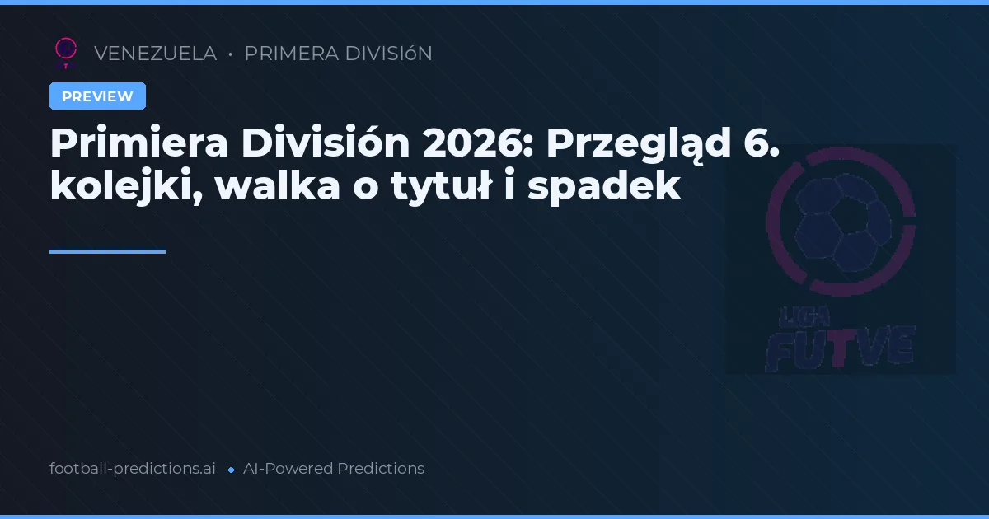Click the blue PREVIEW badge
pos(97,96)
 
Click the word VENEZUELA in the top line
pos(155,54)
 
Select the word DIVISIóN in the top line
pos(388,54)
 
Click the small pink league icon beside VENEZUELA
pos(65,52)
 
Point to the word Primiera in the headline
pos(138,144)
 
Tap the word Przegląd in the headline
pos(639,146)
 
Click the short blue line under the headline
pos(107,252)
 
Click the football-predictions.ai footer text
pos(133,469)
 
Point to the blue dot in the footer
pos(231,470)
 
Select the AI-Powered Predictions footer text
pos(334,469)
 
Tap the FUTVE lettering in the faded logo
pos(841,346)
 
